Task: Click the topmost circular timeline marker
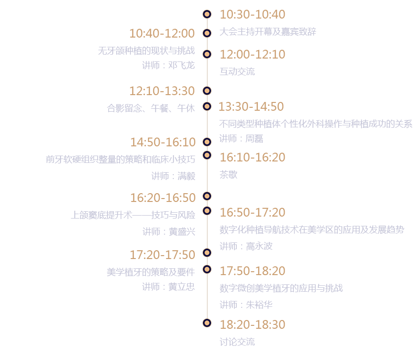[207, 14]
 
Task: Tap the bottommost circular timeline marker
[207, 323]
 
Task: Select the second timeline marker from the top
[207, 33]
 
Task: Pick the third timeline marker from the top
[207, 54]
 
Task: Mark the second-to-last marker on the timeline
[207, 269]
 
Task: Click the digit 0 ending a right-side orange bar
[280, 106]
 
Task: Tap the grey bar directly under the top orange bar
[269, 32]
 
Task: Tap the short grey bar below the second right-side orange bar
[239, 72]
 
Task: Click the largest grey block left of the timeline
[121, 167]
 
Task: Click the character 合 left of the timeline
[110, 108]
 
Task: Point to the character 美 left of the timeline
[110, 272]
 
